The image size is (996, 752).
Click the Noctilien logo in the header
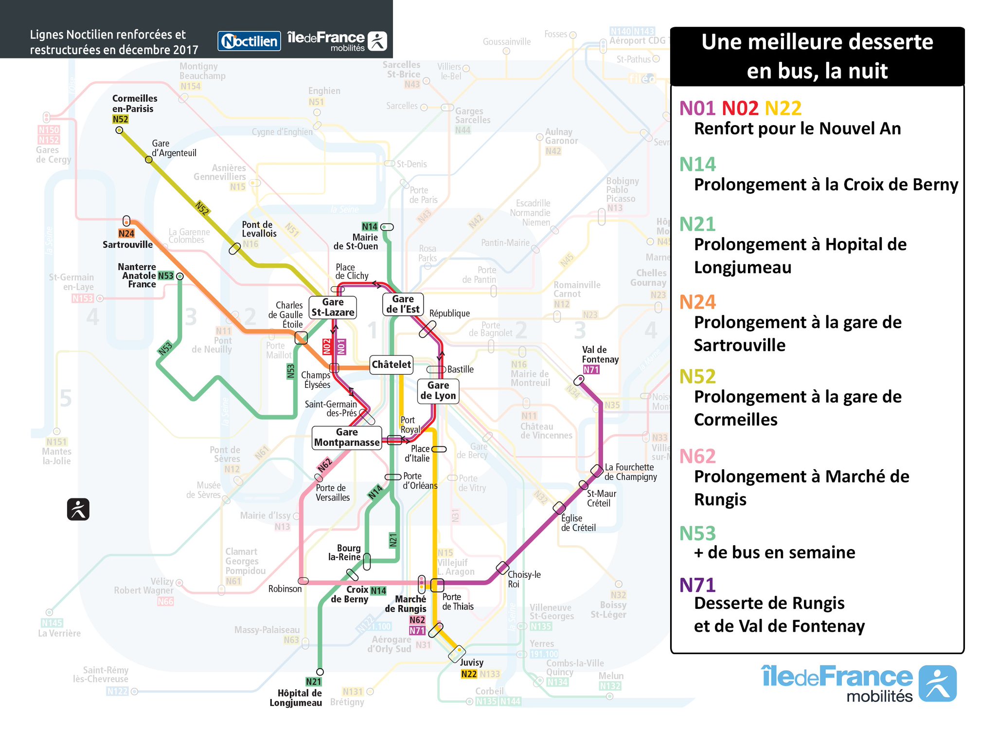tap(249, 41)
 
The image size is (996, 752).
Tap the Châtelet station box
tap(391, 365)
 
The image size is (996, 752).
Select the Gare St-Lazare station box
tap(333, 307)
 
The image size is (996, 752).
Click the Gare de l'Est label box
tap(403, 304)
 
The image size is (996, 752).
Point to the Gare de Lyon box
tap(438, 391)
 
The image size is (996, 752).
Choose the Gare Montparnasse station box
tap(347, 438)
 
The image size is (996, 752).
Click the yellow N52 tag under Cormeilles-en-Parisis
tap(120, 119)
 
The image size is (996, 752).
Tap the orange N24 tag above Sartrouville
tap(126, 234)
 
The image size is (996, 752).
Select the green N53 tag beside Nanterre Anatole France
tap(166, 276)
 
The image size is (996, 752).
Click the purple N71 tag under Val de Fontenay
tap(591, 370)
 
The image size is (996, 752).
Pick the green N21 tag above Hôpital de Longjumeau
tap(314, 682)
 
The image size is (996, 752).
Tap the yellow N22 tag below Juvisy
tap(469, 674)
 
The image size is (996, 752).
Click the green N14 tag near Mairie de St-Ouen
tap(370, 227)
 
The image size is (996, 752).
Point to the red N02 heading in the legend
tap(740, 108)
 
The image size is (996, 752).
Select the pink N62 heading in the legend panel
tap(697, 457)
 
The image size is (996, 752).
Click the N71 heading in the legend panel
tap(697, 585)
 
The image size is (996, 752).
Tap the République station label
tap(449, 313)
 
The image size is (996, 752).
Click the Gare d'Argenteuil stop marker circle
tap(149, 160)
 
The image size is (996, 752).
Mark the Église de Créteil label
tap(578, 523)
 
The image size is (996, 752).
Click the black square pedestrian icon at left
tap(78, 510)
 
